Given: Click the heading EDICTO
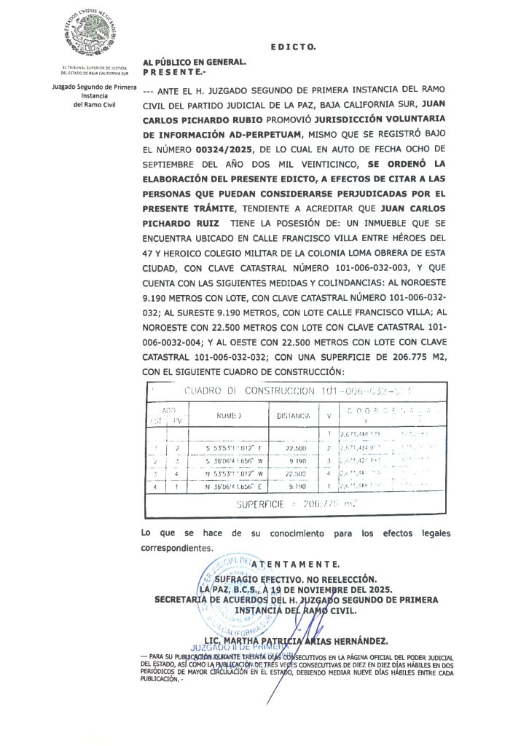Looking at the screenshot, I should (293, 47).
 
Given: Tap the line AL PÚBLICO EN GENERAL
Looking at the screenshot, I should (194, 63).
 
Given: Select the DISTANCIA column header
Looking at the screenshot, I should (294, 415).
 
